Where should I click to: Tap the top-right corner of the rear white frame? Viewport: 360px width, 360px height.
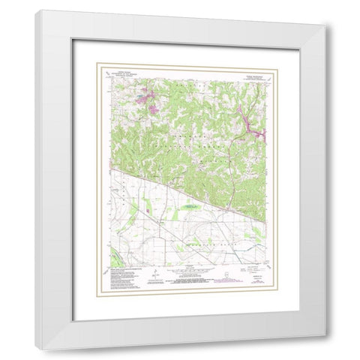(x=325, y=26)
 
